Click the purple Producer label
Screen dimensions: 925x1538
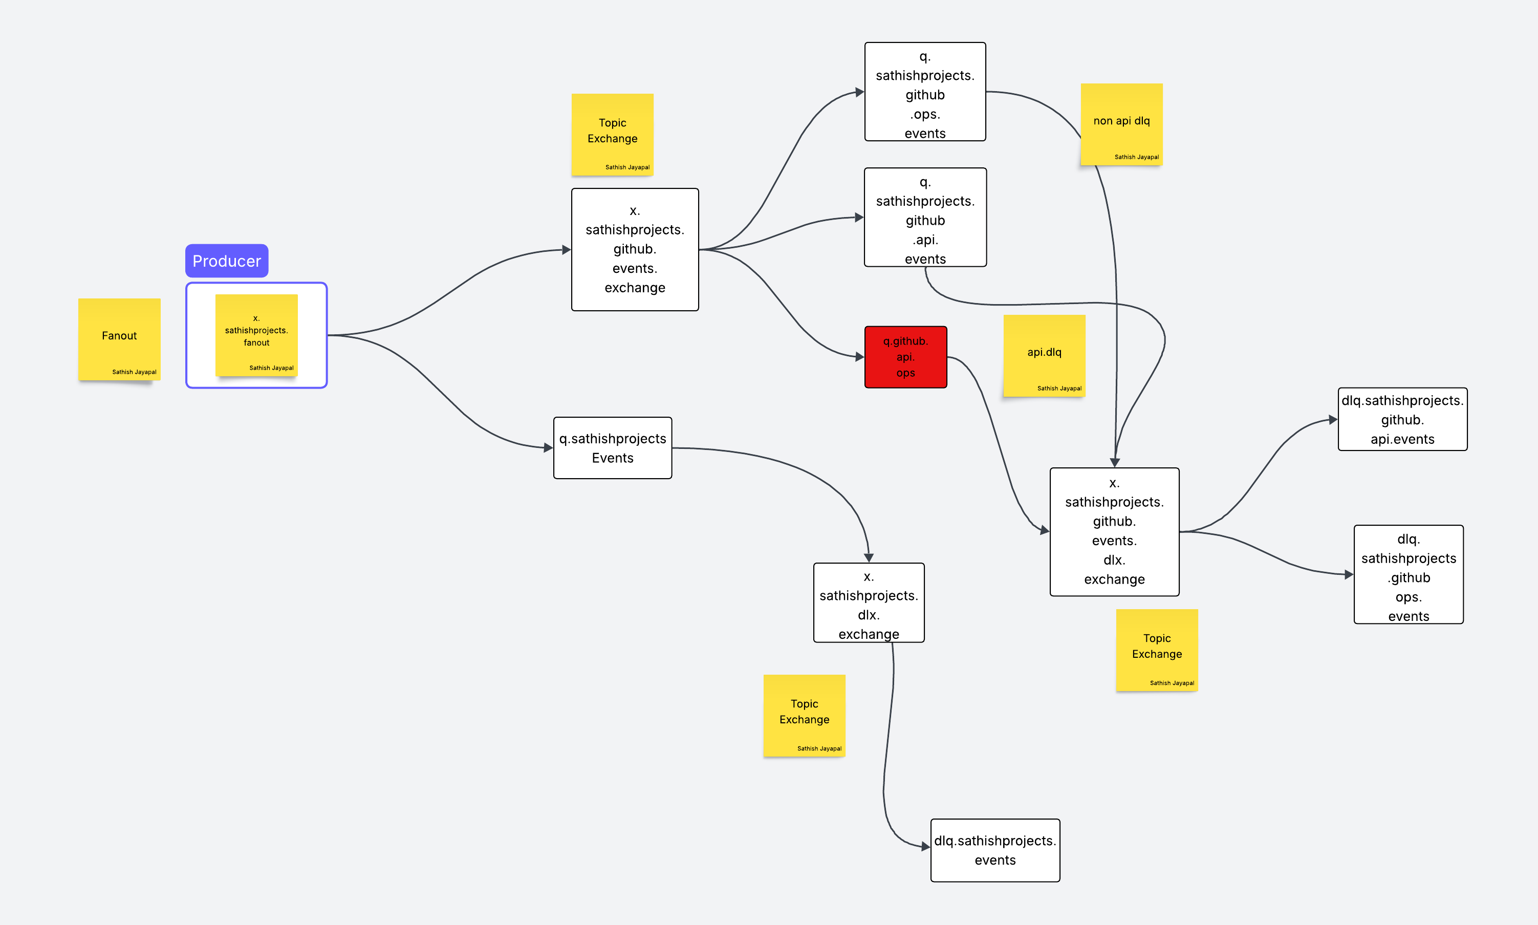226,261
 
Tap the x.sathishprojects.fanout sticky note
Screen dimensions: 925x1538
256,335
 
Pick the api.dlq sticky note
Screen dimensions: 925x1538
1044,355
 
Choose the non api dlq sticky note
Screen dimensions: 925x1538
1121,124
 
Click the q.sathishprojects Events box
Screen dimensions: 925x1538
612,448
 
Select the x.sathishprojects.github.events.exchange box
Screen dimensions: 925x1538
635,249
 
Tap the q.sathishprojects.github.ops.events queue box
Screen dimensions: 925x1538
925,92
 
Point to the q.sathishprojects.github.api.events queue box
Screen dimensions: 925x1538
925,217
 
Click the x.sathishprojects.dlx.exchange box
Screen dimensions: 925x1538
868,603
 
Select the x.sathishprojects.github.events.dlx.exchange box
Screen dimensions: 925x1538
1114,532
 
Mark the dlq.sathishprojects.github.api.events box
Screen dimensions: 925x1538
1402,419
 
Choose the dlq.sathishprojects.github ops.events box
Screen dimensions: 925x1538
1408,574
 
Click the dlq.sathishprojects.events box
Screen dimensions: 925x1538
994,850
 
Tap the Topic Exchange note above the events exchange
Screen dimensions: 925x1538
612,134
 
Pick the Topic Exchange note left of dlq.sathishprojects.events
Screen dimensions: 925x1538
804,715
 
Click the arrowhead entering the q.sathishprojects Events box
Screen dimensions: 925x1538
548,447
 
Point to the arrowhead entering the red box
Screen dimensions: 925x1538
859,357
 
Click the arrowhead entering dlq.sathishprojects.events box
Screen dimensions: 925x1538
925,847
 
